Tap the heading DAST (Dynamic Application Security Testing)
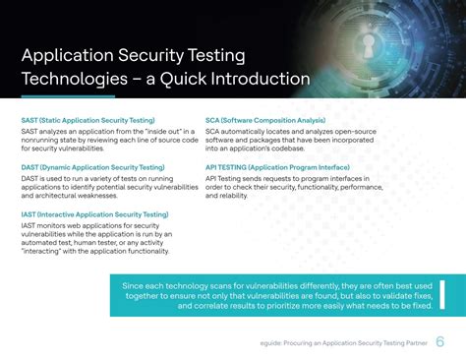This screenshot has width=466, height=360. [x=92, y=167]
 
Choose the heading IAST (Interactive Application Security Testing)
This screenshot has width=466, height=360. [x=94, y=214]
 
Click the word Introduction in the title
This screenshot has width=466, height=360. [x=257, y=78]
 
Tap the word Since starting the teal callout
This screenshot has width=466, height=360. [x=136, y=258]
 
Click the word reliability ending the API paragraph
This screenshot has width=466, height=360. [x=233, y=195]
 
